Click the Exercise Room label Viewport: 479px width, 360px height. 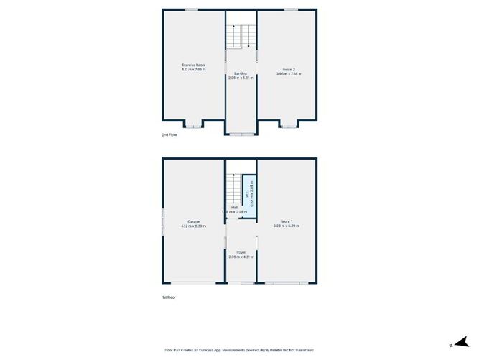coord(192,65)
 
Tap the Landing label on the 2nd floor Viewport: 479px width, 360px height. coord(241,73)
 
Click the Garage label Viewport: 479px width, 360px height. coord(193,221)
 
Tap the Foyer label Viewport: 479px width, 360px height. coord(241,252)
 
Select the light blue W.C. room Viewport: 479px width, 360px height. coord(248,193)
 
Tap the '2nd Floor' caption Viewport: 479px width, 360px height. coord(169,134)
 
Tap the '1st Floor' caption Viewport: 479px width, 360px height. coord(169,297)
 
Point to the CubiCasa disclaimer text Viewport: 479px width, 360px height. coord(239,349)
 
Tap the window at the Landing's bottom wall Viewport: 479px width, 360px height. coord(241,134)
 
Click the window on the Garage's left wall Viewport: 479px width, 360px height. coord(162,221)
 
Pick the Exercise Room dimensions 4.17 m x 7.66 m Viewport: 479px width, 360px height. coord(193,70)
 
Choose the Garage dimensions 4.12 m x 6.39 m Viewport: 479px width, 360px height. coord(193,226)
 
